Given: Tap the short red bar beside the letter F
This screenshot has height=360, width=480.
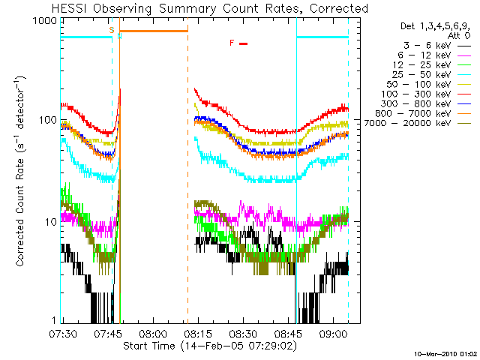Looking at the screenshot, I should point(243,43).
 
